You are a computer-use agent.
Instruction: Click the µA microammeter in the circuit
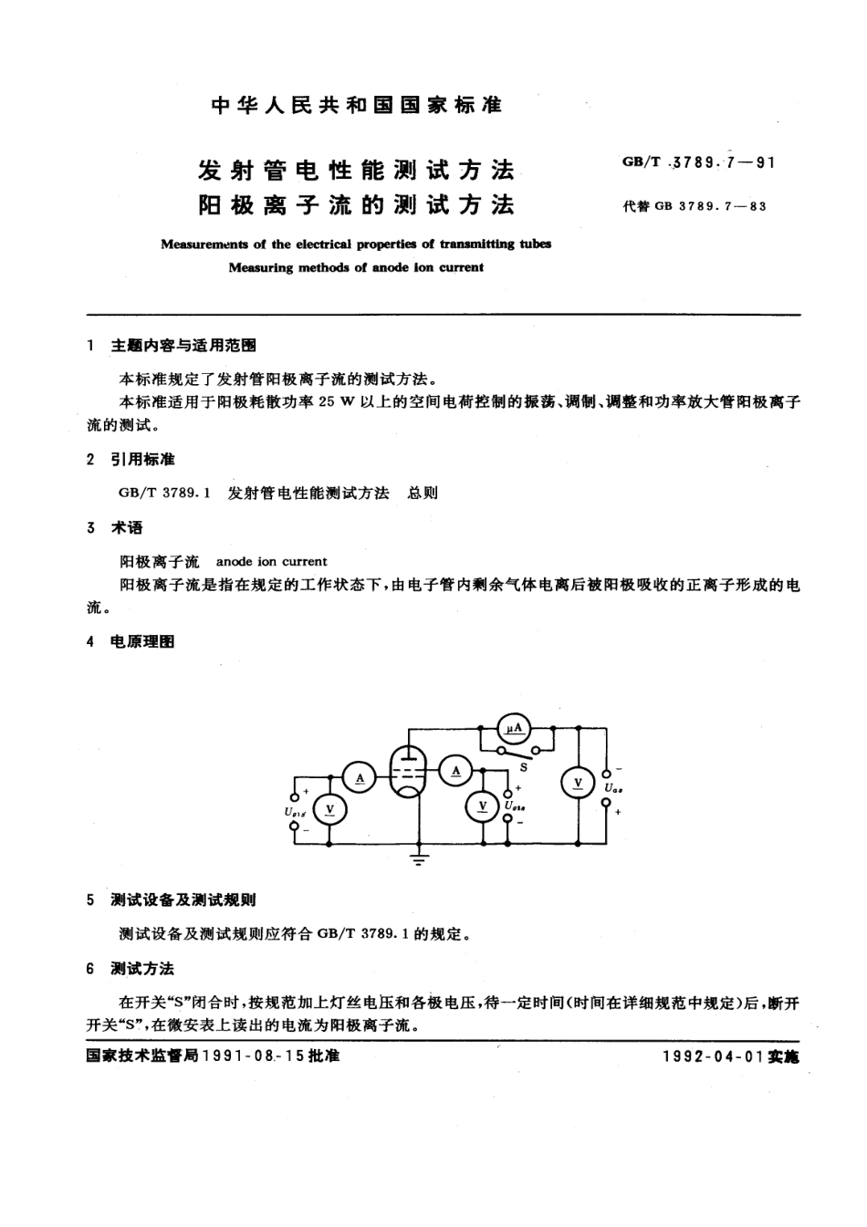515,727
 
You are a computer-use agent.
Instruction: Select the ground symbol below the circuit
419,858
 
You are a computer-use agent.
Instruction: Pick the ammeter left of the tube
360,776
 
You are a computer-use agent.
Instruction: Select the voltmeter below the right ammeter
482,806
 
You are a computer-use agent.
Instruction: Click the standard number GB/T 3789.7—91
698,163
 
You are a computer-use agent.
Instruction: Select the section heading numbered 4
141,641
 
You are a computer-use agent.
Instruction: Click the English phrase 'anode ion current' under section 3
271,562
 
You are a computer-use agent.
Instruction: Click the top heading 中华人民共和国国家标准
357,106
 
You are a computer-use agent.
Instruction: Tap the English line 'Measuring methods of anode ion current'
356,268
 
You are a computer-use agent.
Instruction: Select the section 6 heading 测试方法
141,968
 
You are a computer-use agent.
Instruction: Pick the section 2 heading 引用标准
141,459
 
